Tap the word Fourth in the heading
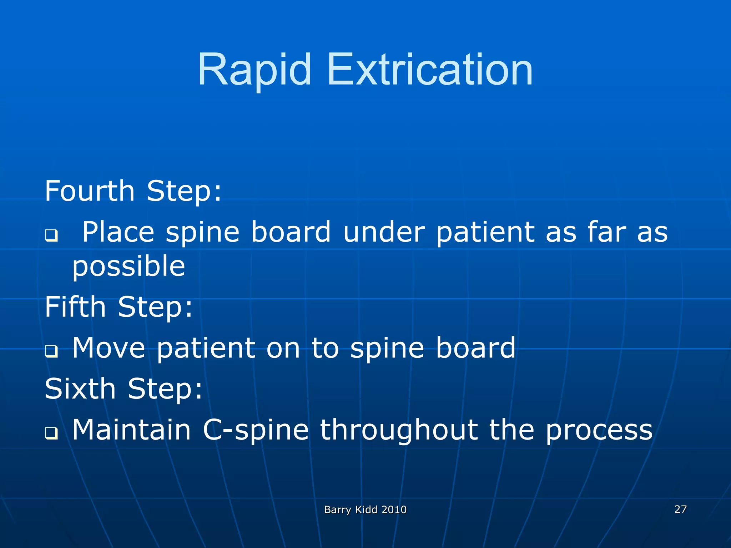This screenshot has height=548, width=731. click(x=90, y=191)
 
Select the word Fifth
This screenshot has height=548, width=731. click(x=75, y=307)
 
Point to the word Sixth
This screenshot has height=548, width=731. click(x=80, y=389)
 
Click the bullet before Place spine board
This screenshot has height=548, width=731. click(x=51, y=235)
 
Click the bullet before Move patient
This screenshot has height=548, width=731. click(x=51, y=351)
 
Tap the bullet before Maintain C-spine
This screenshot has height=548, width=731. click(x=51, y=433)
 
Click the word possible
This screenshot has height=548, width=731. click(x=128, y=267)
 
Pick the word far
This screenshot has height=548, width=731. click(x=606, y=232)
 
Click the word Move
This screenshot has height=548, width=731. click(x=109, y=348)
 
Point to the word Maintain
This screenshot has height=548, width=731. click(x=131, y=430)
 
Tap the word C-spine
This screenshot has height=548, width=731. click(x=256, y=430)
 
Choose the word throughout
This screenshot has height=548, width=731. click(x=398, y=430)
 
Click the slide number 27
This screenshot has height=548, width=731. click(x=680, y=509)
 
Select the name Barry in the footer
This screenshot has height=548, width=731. click(x=337, y=510)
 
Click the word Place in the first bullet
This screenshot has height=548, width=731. click(x=118, y=232)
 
